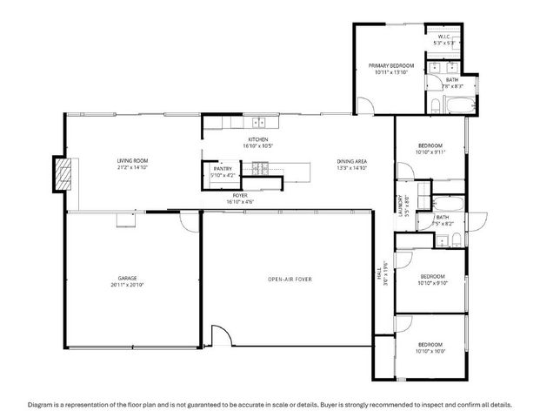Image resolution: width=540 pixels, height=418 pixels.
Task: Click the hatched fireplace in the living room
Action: coord(60,173)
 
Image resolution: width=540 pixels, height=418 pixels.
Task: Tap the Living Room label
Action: coord(133,161)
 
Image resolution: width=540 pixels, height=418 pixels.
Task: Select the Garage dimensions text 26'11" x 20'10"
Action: coord(127,285)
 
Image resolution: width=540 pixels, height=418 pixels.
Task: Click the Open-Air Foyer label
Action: coord(289,279)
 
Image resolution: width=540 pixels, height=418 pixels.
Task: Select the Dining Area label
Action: coord(352,161)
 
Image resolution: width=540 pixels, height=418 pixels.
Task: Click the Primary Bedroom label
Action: coord(390,66)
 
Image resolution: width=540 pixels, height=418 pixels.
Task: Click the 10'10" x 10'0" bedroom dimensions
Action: coord(430,351)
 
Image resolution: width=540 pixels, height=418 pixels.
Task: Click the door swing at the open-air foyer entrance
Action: coord(221,336)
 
